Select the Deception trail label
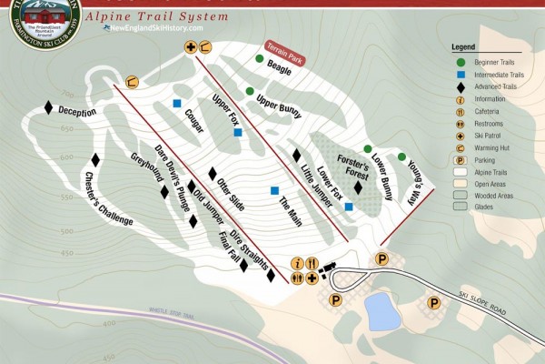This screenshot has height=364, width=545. pyautogui.click(x=77, y=111)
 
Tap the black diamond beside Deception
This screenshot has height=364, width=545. pyautogui.click(x=49, y=106)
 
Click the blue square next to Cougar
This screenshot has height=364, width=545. pyautogui.click(x=177, y=103)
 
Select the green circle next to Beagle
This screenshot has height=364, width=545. pyautogui.click(x=260, y=60)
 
